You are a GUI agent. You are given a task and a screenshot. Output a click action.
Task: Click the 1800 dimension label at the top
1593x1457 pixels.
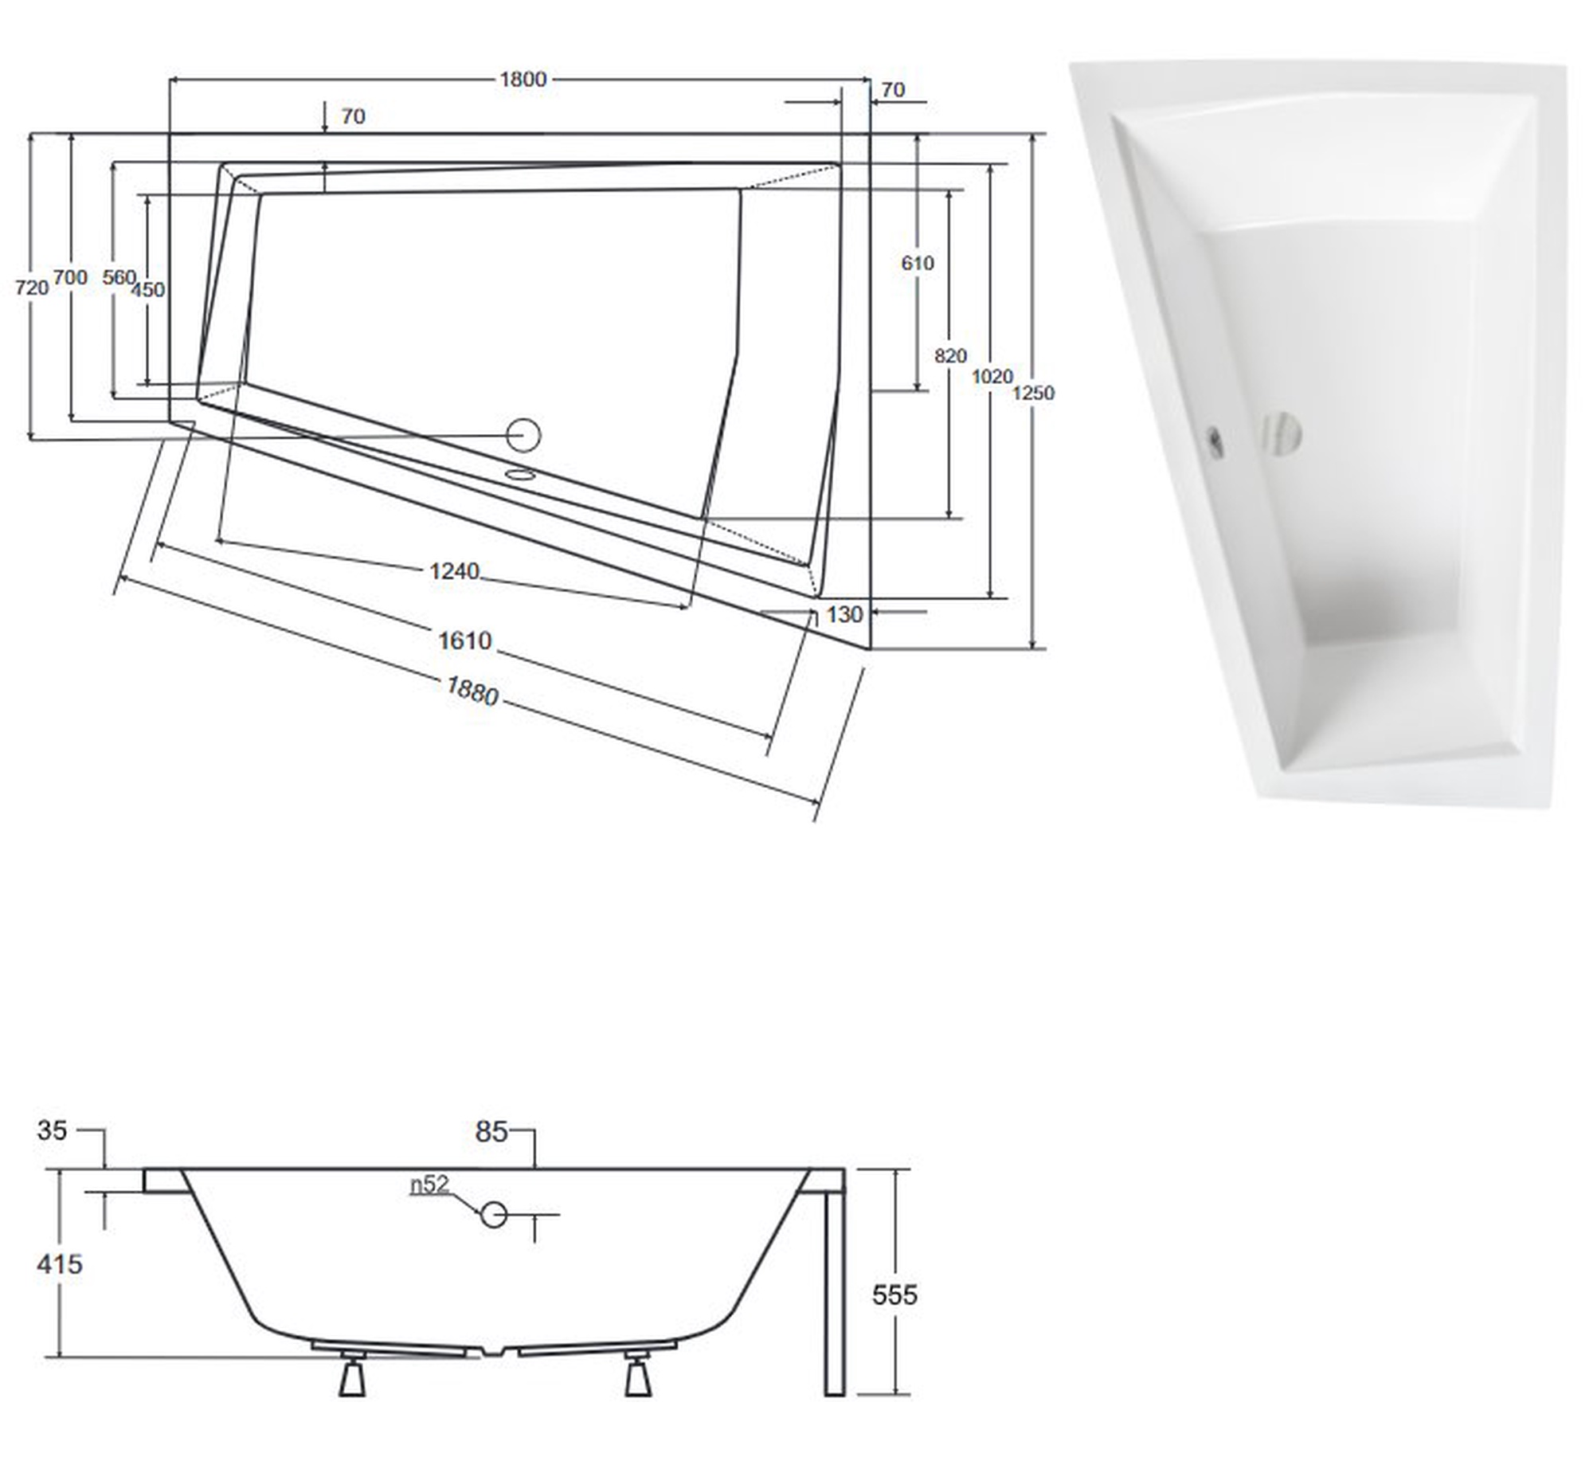point(523,79)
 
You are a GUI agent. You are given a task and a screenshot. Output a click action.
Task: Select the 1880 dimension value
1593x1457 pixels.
point(472,691)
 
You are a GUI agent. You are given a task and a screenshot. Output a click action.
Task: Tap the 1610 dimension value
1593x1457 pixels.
point(464,640)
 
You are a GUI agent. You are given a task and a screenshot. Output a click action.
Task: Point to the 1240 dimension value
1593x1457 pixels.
point(454,570)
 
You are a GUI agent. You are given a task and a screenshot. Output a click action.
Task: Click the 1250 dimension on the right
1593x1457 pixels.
point(1033,393)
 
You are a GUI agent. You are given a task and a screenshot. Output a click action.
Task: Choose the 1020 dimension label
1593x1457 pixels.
point(992,376)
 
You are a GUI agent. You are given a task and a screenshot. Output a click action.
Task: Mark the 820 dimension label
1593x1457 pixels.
point(950,355)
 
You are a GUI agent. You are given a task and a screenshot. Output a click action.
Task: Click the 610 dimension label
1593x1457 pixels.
point(918,262)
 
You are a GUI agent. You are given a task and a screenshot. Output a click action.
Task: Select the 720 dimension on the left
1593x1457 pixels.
point(32,288)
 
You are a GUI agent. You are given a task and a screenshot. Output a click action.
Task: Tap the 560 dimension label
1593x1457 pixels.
point(119,277)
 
